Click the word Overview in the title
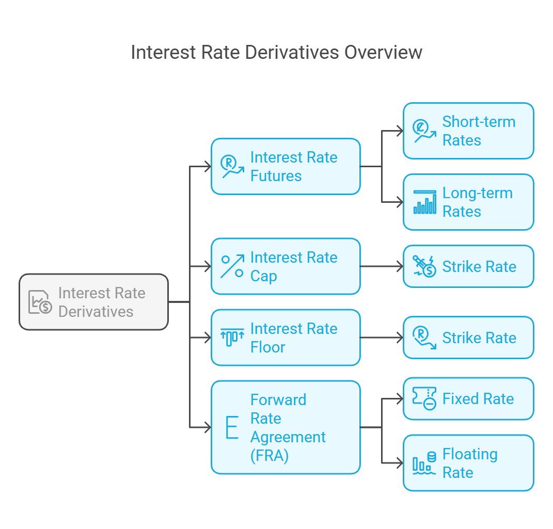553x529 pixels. (383, 53)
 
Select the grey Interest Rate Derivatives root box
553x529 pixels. (94, 302)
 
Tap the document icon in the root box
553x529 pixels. (40, 302)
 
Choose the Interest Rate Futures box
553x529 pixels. (286, 166)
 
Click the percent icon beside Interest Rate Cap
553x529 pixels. (232, 266)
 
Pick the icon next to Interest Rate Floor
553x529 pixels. (232, 338)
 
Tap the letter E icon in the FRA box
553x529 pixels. (232, 427)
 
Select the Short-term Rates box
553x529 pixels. (468, 131)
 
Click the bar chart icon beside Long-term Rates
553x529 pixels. (424, 202)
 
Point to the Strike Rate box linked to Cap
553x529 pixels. (468, 266)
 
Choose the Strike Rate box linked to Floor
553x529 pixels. (468, 338)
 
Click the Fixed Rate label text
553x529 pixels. (478, 398)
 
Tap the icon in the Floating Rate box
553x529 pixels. (424, 463)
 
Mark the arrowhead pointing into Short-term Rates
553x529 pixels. (400, 131)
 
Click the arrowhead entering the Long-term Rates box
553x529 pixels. (400, 202)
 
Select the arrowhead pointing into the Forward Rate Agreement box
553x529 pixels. (208, 427)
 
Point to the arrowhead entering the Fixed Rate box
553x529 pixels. (400, 398)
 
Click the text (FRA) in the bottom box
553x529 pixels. (270, 455)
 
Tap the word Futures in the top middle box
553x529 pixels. (276, 176)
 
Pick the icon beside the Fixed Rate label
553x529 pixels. (424, 398)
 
